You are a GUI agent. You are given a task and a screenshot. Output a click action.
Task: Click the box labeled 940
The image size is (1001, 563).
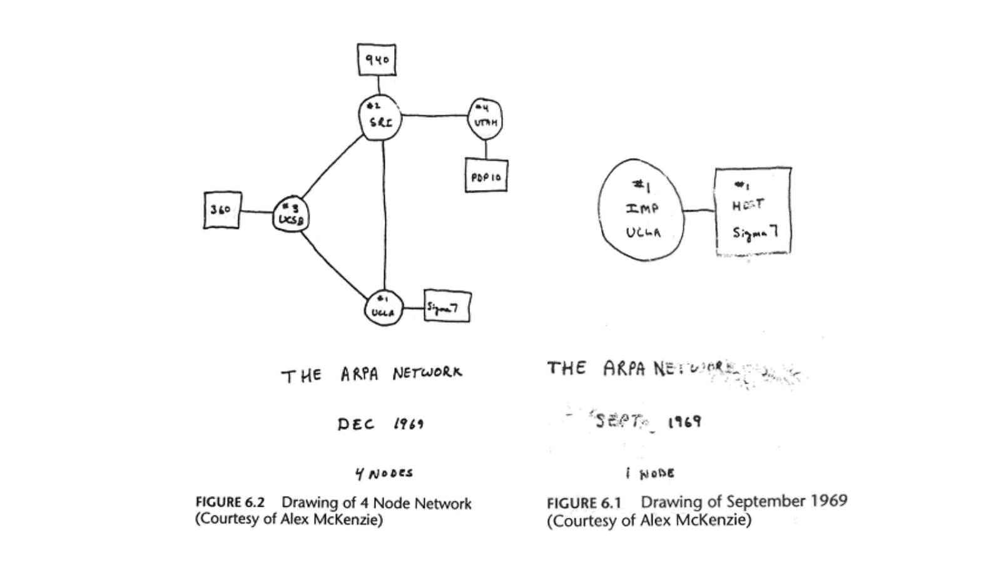(377, 60)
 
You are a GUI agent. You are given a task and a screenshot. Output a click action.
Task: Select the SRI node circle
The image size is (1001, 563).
(380, 118)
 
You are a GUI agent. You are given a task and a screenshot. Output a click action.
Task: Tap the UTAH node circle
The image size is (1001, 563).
(485, 119)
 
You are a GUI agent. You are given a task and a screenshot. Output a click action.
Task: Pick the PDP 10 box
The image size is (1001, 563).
(486, 176)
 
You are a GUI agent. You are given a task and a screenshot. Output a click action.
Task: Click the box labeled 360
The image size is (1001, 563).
(222, 210)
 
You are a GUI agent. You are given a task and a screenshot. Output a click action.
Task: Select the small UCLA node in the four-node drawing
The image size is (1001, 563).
(383, 307)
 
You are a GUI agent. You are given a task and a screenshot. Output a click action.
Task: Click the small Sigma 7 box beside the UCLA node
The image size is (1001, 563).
(447, 307)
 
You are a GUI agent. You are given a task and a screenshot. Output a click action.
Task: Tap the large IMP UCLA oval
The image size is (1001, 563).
(641, 209)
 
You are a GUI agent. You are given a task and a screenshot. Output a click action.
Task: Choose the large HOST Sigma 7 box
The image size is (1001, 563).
(753, 211)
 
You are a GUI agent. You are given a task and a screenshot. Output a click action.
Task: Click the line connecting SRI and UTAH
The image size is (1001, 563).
(435, 115)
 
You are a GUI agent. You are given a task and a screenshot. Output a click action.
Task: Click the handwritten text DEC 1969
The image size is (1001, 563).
(380, 424)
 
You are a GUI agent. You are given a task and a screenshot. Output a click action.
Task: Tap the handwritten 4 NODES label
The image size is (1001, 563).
(384, 474)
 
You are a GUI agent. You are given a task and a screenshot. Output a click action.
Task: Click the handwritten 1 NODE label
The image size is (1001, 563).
(649, 474)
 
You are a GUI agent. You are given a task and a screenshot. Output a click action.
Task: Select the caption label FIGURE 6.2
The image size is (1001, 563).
(230, 502)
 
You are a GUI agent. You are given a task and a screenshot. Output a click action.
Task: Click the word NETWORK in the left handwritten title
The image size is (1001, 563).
(428, 373)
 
